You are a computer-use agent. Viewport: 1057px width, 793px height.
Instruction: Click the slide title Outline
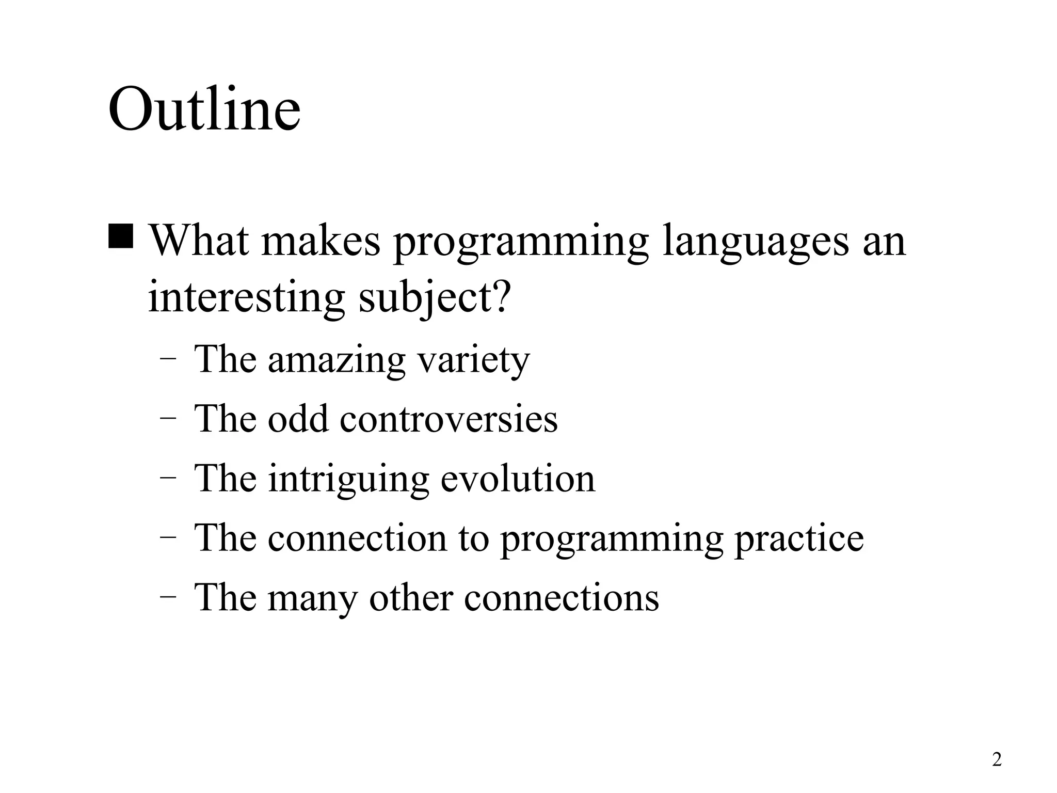[x=204, y=110]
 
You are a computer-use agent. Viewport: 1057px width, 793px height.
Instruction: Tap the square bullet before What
[x=121, y=235]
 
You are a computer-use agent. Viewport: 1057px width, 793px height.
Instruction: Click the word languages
[x=756, y=243]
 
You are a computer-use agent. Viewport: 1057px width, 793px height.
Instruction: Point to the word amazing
[x=337, y=360]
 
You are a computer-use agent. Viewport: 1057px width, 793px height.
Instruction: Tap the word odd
[x=298, y=418]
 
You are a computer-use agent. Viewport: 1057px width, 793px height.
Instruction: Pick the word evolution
[x=518, y=478]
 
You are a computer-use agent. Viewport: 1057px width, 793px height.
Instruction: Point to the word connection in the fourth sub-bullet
[x=357, y=538]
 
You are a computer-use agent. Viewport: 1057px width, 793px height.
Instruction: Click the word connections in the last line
[x=562, y=598]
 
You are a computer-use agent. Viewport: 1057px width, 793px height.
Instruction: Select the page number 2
[x=997, y=759]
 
